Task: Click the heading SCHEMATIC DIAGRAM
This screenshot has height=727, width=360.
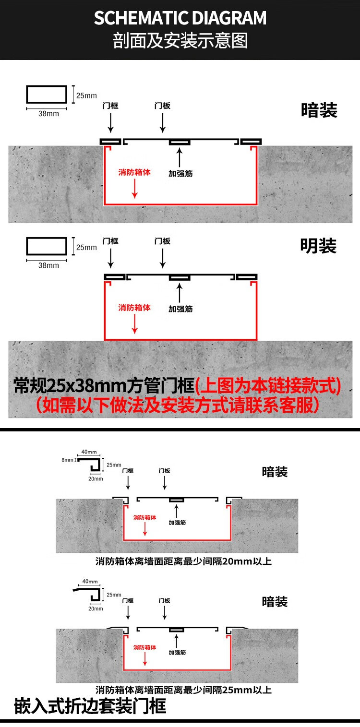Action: [x=180, y=18]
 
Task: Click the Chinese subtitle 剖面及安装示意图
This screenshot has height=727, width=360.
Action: [x=180, y=41]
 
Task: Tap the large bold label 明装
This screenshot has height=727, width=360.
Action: [x=318, y=246]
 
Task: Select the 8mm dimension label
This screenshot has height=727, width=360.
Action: [x=67, y=460]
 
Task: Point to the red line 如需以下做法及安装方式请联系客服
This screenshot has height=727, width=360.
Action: [x=177, y=405]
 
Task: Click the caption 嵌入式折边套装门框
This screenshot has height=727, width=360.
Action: [x=90, y=706]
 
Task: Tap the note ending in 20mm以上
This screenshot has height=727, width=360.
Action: [x=183, y=561]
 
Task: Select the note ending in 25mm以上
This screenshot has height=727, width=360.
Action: [x=183, y=690]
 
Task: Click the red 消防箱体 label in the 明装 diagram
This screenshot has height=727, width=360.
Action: [x=134, y=307]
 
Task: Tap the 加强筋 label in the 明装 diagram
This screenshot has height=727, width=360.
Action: [x=180, y=309]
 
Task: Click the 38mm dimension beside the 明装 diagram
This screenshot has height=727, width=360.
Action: [x=48, y=265]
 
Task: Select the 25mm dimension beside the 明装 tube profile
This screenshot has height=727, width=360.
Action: [x=86, y=247]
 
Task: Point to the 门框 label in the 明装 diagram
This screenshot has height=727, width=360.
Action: [x=110, y=241]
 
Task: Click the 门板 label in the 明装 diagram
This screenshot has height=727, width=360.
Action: [x=162, y=241]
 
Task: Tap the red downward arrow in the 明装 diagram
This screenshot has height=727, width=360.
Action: [x=135, y=323]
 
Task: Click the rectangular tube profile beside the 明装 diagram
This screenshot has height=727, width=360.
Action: [x=47, y=246]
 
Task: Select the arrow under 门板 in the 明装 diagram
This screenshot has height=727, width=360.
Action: [x=163, y=258]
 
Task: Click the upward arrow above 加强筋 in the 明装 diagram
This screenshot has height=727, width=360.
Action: [x=179, y=293]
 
